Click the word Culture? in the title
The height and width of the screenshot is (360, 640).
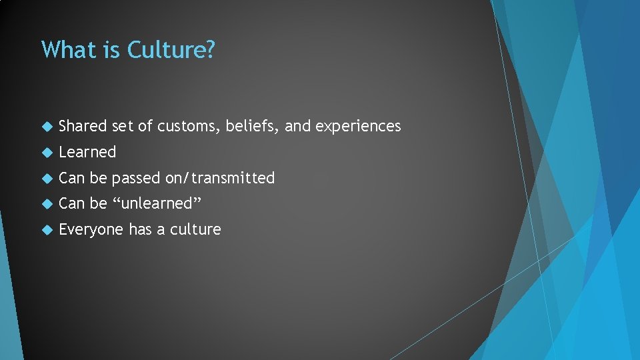[x=171, y=50]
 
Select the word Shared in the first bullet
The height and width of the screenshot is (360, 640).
[x=83, y=126]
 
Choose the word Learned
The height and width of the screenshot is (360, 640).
[x=87, y=152]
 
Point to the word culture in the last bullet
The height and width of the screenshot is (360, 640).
[x=195, y=229]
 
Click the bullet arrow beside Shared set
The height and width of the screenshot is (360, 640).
[x=46, y=127]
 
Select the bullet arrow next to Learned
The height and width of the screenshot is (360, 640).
[x=46, y=153]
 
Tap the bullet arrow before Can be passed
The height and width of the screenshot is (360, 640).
[x=46, y=179]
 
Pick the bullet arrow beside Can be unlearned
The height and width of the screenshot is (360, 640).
[x=46, y=204]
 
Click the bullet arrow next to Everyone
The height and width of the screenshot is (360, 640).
[x=46, y=230]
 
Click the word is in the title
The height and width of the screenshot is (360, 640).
[x=111, y=50]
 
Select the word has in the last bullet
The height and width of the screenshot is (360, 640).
[x=140, y=229]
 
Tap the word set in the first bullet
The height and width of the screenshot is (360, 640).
[x=123, y=127]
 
